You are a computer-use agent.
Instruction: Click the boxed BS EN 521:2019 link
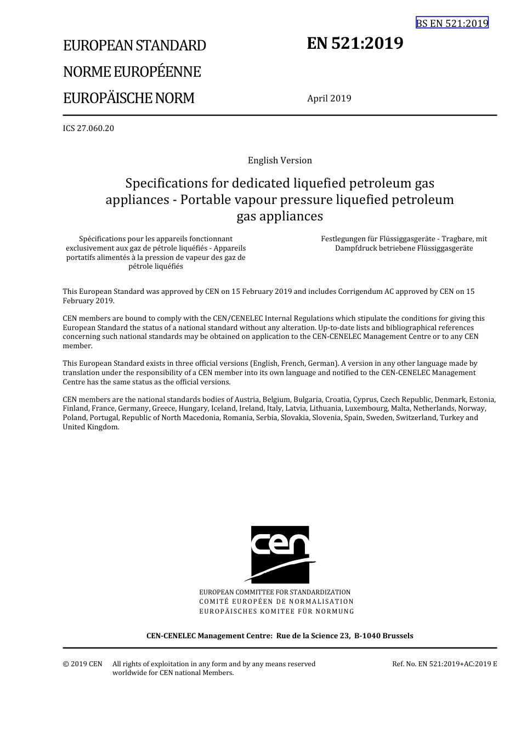tap(452, 23)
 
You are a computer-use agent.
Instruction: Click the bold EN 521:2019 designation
tap(355, 43)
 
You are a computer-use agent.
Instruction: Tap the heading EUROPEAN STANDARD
tap(134, 46)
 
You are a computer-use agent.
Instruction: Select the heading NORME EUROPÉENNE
tap(132, 72)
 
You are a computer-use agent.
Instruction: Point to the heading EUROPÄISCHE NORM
tap(128, 98)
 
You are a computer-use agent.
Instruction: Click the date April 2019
tap(329, 99)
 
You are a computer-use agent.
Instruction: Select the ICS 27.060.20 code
tap(88, 128)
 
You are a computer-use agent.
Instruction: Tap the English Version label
tap(280, 161)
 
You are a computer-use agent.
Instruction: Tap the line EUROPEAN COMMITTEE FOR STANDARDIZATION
tap(275, 592)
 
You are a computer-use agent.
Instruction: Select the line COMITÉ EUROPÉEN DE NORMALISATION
tap(276, 602)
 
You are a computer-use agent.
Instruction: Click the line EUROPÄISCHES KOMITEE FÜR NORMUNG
tap(276, 611)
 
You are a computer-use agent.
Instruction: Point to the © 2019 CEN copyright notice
tap(82, 664)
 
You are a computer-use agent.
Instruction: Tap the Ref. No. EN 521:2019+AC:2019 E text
tap(444, 664)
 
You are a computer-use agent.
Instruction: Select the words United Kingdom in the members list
tap(90, 427)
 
